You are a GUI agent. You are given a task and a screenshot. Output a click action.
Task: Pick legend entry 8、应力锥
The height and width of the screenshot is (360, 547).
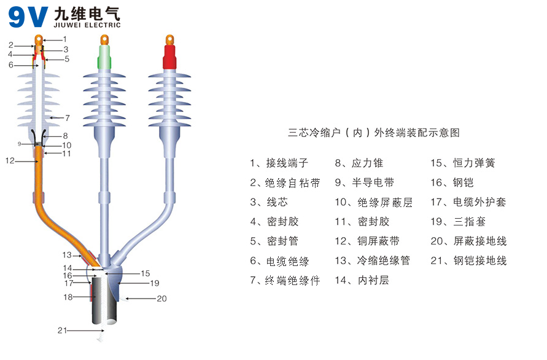tap(359, 163)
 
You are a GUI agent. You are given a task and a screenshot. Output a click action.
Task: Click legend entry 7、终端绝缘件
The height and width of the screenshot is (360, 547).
tap(285, 281)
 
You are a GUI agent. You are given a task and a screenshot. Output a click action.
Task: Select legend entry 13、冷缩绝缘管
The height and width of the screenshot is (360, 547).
tap(373, 261)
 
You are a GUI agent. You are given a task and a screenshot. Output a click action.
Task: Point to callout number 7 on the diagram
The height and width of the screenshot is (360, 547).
tap(68, 117)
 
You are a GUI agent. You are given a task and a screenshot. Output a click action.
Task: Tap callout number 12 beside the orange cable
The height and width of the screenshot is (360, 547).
tap(9, 161)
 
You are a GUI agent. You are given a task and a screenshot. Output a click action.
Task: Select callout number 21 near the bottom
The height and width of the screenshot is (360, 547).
tap(61, 331)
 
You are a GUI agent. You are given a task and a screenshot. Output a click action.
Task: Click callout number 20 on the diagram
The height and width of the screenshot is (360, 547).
tap(161, 300)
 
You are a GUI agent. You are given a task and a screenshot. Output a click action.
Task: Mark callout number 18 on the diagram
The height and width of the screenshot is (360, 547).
tap(69, 297)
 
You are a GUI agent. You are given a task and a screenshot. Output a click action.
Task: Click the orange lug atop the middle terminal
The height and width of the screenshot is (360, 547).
tap(105, 41)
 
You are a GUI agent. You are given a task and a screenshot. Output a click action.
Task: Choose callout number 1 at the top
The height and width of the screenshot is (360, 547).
tap(64, 39)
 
